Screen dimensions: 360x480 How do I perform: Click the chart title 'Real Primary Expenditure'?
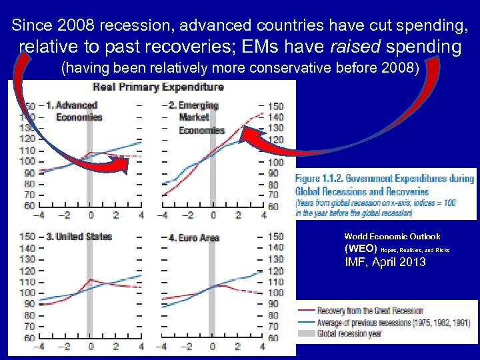158,87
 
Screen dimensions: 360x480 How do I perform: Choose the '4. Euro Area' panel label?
193,237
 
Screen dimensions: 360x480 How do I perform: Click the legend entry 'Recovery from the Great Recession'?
370,311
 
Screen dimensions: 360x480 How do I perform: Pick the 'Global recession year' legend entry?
350,333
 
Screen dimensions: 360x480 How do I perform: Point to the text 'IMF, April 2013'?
385,262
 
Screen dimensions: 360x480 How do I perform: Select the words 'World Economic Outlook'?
392,236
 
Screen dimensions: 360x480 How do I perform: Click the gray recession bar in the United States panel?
90,287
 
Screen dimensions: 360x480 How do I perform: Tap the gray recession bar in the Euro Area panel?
212,287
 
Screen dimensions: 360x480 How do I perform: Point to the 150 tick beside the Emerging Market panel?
275,107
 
